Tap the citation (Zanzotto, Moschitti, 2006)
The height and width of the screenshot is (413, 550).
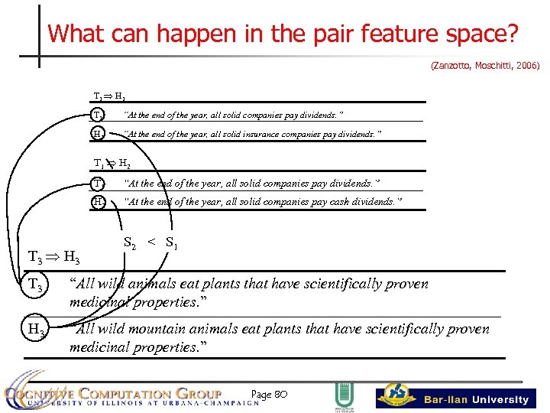point(485,67)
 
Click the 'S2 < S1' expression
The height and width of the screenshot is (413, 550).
point(150,243)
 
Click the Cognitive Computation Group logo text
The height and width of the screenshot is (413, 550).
point(115,395)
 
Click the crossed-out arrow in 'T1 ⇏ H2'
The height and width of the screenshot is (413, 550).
point(110,164)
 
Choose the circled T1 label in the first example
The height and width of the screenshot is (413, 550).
point(98,115)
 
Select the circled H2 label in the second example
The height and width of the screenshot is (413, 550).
point(98,202)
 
